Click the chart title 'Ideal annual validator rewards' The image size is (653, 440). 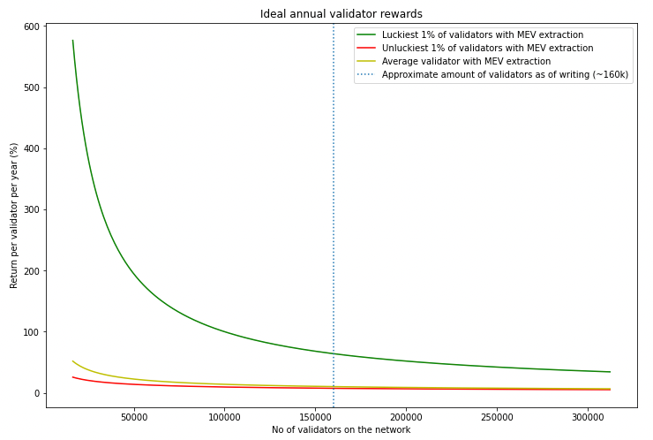point(341,14)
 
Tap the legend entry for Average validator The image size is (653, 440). point(466,61)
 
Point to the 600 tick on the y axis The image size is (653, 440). point(31,27)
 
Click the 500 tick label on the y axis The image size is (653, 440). point(31,87)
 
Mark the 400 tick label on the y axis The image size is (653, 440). point(31,148)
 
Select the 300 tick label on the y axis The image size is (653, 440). point(31,209)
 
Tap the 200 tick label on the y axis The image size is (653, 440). point(31,270)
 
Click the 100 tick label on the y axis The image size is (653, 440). point(31,332)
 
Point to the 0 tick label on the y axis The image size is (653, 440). point(36,393)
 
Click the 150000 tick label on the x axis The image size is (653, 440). point(315,416)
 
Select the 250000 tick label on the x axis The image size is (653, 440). point(498,416)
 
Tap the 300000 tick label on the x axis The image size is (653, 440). point(589,416)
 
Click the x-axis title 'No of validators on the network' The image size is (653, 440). point(341,430)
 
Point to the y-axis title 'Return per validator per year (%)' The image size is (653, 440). point(14,216)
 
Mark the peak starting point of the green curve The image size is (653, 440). point(72,41)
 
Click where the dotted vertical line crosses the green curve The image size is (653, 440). point(334,353)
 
